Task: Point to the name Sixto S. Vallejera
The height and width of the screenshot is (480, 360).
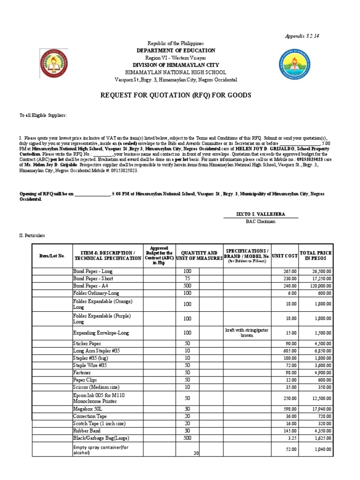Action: coord(267,214)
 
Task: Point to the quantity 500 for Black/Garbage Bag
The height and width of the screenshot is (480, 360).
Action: coord(187,438)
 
